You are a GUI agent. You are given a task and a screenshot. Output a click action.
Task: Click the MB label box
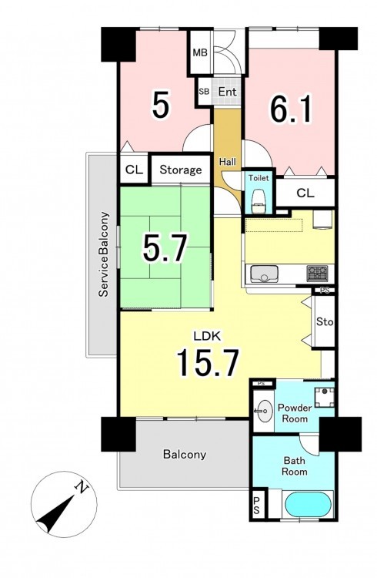click(200, 52)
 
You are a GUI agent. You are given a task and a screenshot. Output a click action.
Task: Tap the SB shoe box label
click(204, 92)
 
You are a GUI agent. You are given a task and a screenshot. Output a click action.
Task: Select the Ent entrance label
click(227, 92)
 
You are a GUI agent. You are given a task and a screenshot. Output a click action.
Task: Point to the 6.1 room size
click(291, 109)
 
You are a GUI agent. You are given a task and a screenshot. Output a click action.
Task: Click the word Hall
click(228, 162)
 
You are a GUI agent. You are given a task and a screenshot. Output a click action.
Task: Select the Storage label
click(180, 170)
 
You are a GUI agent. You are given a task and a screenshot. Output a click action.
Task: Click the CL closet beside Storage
click(134, 170)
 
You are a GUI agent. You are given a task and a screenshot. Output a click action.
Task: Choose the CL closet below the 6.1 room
click(305, 193)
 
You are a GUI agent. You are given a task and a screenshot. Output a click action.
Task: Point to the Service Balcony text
click(104, 254)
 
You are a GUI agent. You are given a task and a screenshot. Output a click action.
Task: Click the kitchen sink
click(264, 274)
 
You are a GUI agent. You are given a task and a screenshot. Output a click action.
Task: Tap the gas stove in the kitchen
click(317, 274)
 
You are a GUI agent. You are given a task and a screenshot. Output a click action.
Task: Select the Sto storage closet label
click(325, 322)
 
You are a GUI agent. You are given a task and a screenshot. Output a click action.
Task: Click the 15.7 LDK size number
click(209, 363)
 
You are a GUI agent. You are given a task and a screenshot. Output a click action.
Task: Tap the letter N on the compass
click(82, 488)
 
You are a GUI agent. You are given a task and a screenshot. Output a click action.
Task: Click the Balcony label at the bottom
click(185, 454)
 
